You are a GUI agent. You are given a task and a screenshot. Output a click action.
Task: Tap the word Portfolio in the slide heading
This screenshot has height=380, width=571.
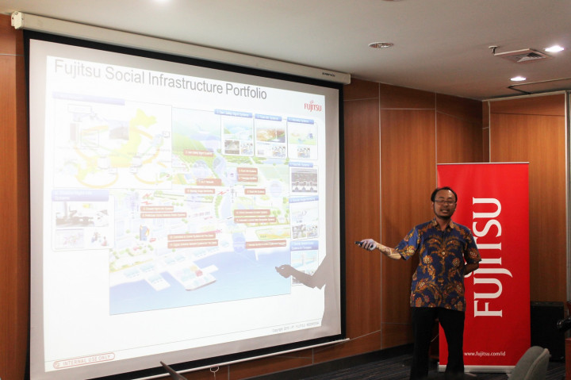click(240, 90)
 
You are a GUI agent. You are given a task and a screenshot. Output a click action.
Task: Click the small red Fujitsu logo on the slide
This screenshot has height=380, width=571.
click(312, 106)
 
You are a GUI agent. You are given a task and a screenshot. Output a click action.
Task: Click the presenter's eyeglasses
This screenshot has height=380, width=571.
click(444, 202)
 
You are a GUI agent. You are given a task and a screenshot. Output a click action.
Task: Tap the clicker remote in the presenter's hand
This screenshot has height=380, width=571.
click(362, 245)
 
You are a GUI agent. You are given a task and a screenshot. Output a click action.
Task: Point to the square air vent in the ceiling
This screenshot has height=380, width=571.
click(520, 56)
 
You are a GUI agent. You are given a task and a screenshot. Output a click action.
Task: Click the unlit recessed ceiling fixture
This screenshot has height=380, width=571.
click(381, 45)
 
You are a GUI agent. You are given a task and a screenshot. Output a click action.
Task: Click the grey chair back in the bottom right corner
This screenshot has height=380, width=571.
click(530, 364)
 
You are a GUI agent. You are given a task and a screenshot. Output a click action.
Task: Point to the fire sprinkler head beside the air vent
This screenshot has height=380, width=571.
click(492, 49)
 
